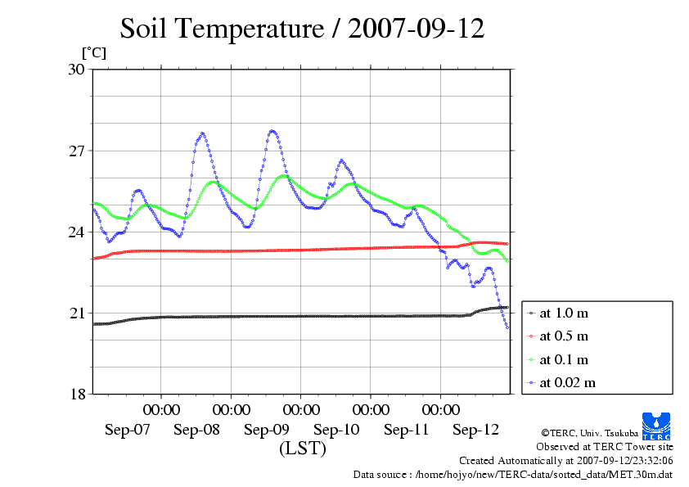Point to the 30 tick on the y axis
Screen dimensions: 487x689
point(76,70)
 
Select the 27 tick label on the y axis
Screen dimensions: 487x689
point(76,151)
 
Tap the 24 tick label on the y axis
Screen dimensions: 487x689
point(76,232)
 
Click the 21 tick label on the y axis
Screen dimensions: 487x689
point(76,313)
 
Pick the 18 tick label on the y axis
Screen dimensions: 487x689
point(76,395)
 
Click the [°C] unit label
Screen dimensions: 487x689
point(93,52)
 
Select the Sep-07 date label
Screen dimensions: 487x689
point(127,430)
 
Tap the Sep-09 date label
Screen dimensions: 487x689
point(267,430)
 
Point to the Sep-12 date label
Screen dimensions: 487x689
point(476,430)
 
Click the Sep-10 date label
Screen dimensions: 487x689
point(336,430)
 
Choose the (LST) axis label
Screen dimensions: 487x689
point(302,449)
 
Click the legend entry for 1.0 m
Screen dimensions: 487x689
point(564,313)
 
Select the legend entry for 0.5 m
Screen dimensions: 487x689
point(564,336)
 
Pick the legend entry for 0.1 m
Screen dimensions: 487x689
point(564,359)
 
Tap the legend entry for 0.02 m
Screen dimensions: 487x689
point(567,382)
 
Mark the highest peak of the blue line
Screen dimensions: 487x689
point(272,131)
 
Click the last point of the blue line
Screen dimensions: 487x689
point(508,327)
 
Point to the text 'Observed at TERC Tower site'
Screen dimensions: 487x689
point(605,447)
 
